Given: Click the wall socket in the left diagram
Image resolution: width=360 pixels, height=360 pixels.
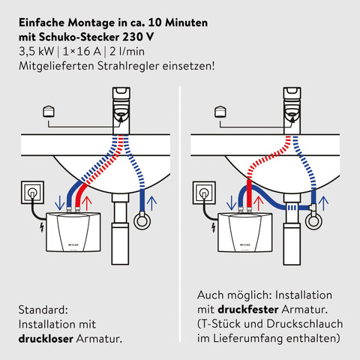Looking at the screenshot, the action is (x=32, y=192).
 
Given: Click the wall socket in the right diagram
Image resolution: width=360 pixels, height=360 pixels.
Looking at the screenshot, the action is (x=204, y=193).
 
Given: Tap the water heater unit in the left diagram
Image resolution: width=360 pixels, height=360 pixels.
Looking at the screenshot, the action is (x=73, y=232).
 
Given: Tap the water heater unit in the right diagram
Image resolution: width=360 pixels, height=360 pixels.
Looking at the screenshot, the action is (x=245, y=232).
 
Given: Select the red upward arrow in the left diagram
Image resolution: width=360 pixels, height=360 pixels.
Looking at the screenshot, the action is (x=87, y=203).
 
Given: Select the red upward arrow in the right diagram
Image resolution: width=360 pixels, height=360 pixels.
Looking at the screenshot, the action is (x=259, y=203).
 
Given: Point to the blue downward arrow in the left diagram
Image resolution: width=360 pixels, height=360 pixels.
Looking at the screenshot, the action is (x=59, y=202).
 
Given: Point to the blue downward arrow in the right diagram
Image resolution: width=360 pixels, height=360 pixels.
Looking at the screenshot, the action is (x=231, y=202).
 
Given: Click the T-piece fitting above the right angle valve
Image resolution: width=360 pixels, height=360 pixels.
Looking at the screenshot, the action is (x=313, y=207).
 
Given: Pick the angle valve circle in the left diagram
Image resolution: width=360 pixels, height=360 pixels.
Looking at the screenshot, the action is (x=142, y=220).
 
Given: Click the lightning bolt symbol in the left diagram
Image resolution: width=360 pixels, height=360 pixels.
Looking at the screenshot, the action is (x=42, y=227).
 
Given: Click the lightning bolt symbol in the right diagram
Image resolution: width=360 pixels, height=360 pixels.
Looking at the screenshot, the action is (x=214, y=227).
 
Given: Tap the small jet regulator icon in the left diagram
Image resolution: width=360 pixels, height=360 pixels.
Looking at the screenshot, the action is (x=49, y=112).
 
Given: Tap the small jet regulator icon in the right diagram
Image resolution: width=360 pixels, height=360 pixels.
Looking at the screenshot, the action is (x=220, y=112).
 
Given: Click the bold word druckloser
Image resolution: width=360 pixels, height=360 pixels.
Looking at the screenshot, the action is (x=46, y=339).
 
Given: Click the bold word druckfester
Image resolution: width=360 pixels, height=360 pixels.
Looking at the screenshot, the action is (x=248, y=310).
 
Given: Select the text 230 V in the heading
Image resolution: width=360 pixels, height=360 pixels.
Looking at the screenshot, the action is (x=138, y=37).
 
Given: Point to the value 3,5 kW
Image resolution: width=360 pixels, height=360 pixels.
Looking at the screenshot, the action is (x=37, y=52).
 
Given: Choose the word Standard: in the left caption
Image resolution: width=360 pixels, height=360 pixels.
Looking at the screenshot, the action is (x=43, y=310).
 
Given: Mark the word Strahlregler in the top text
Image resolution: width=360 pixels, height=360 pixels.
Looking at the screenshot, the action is (x=128, y=66).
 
